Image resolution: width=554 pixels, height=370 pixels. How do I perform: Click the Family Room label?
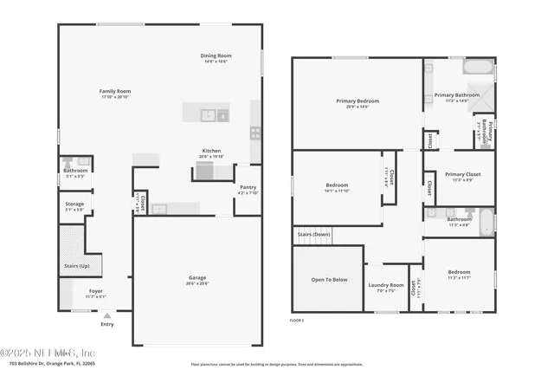(114, 91)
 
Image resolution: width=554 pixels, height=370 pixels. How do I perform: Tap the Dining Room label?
(214, 57)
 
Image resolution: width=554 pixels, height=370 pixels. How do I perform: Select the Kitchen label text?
(213, 151)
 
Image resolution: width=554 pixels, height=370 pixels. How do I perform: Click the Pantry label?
(248, 187)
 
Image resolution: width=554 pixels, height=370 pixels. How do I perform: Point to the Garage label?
(197, 278)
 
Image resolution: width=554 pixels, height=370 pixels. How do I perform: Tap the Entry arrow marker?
(107, 317)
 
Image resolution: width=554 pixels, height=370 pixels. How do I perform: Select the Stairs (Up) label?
(77, 266)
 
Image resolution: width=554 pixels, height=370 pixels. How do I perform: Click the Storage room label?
(75, 204)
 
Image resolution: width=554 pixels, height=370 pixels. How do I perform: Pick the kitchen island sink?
(208, 114)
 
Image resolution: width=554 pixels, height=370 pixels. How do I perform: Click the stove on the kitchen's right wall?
(255, 133)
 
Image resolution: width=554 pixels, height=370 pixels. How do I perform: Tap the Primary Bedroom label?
(358, 101)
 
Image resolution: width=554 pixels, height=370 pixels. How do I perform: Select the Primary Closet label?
(463, 174)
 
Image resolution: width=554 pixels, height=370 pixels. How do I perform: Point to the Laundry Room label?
(386, 285)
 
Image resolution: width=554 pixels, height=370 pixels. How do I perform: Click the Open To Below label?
(330, 280)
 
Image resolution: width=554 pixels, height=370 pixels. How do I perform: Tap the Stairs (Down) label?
(313, 234)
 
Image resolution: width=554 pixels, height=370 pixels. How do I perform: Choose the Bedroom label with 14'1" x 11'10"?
(337, 185)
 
